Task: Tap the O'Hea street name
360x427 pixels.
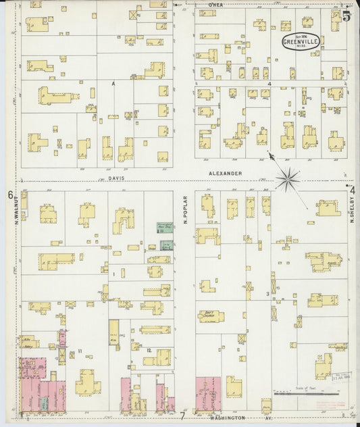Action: (x=215, y=4)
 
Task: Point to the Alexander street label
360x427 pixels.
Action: (x=225, y=174)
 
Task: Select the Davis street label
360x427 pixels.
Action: (x=116, y=180)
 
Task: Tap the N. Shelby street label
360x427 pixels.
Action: (x=352, y=212)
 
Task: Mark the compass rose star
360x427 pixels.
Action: (x=288, y=179)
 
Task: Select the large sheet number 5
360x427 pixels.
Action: (x=346, y=16)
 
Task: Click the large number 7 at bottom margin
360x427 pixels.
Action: (x=182, y=415)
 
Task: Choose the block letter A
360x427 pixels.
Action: (x=113, y=83)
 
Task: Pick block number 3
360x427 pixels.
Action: (x=267, y=294)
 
